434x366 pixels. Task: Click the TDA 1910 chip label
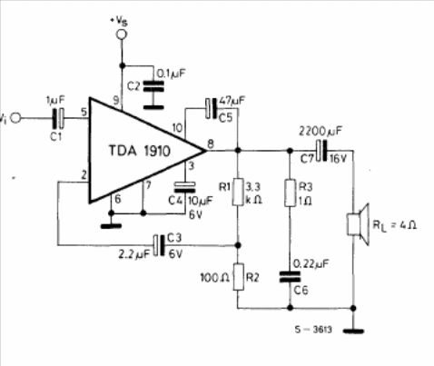click(140, 151)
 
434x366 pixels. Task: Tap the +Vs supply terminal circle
click(122, 35)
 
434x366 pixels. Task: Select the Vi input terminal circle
click(15, 118)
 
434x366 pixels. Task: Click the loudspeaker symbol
click(358, 224)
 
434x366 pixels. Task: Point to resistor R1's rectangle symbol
click(238, 192)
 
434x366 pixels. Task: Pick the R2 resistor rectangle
click(238, 277)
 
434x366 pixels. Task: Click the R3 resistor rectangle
click(290, 193)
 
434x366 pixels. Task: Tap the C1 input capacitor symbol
click(58, 118)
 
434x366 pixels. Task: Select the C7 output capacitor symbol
click(321, 151)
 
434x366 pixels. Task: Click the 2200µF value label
click(321, 132)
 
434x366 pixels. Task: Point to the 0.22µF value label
click(311, 264)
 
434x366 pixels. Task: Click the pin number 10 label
click(178, 128)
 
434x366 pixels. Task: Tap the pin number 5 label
click(84, 112)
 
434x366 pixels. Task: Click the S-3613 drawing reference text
click(313, 330)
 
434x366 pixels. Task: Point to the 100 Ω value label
click(215, 278)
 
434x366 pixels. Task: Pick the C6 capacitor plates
click(290, 277)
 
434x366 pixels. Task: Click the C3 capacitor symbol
click(159, 245)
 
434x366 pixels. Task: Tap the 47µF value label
click(232, 101)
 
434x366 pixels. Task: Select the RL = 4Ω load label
click(395, 225)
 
